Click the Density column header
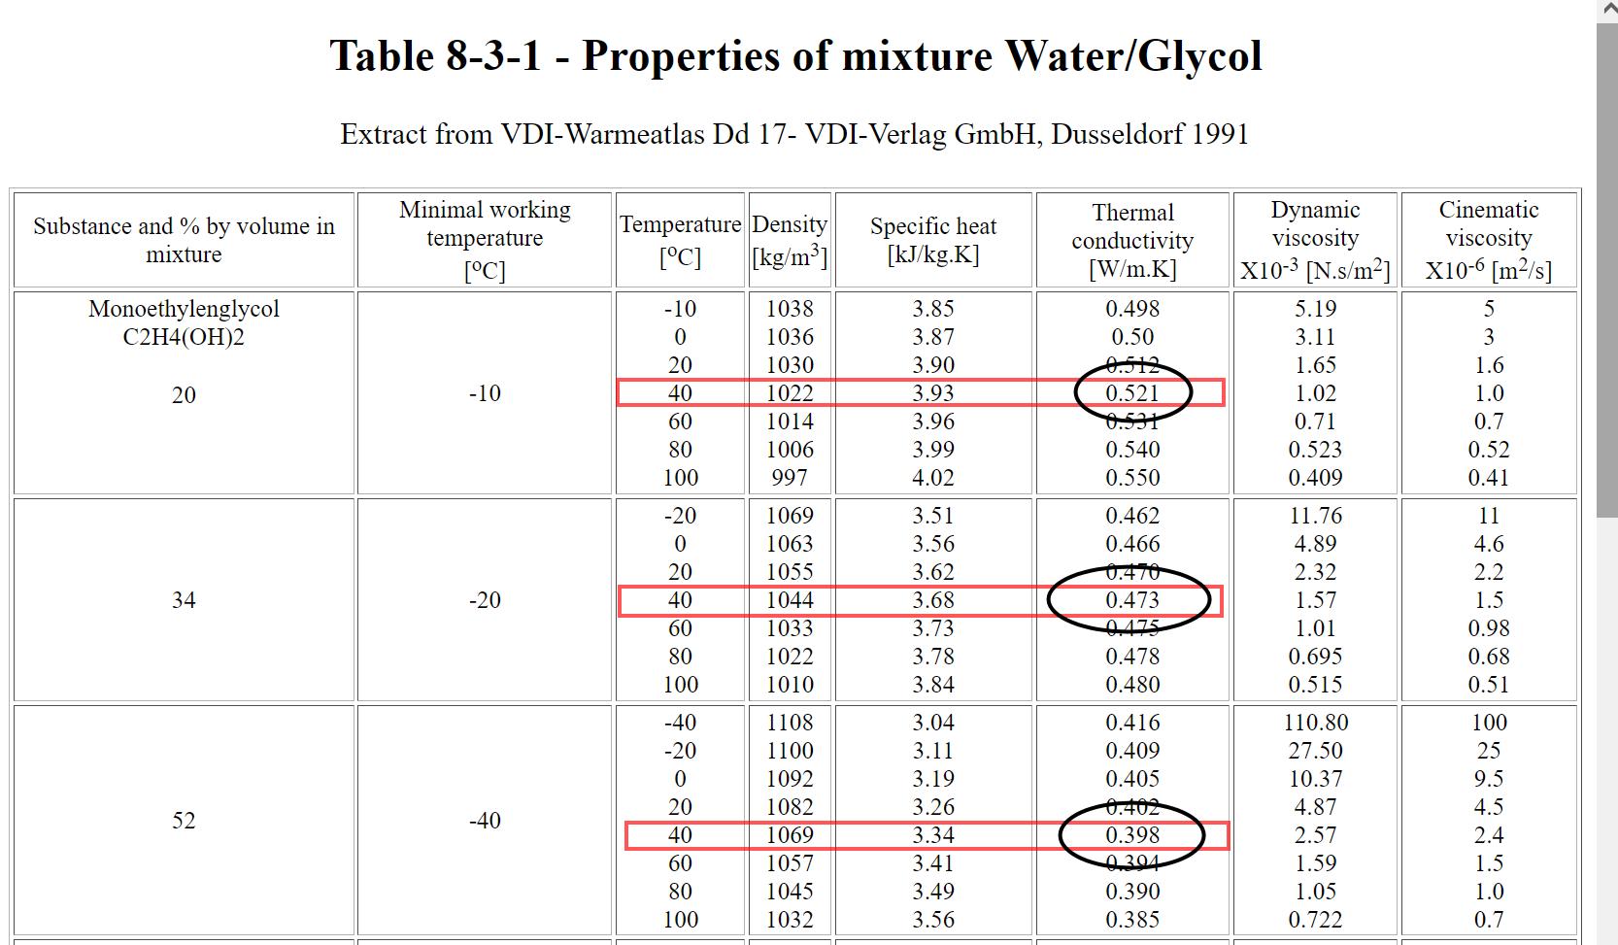point(790,240)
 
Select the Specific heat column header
point(933,240)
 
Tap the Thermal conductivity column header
point(1132,240)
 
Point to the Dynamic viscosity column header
point(1315,240)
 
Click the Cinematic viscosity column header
point(1489,240)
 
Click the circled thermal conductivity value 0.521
point(1132,393)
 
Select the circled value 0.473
point(1132,599)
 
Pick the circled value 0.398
point(1132,834)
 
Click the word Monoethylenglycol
point(184,309)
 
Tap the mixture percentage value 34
point(184,600)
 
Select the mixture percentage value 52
point(184,821)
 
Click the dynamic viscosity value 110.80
point(1315,723)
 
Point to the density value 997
point(790,478)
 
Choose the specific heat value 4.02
point(933,478)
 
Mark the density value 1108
point(790,723)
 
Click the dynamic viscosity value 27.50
point(1315,751)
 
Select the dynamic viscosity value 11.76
point(1315,516)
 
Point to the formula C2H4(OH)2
point(184,337)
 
